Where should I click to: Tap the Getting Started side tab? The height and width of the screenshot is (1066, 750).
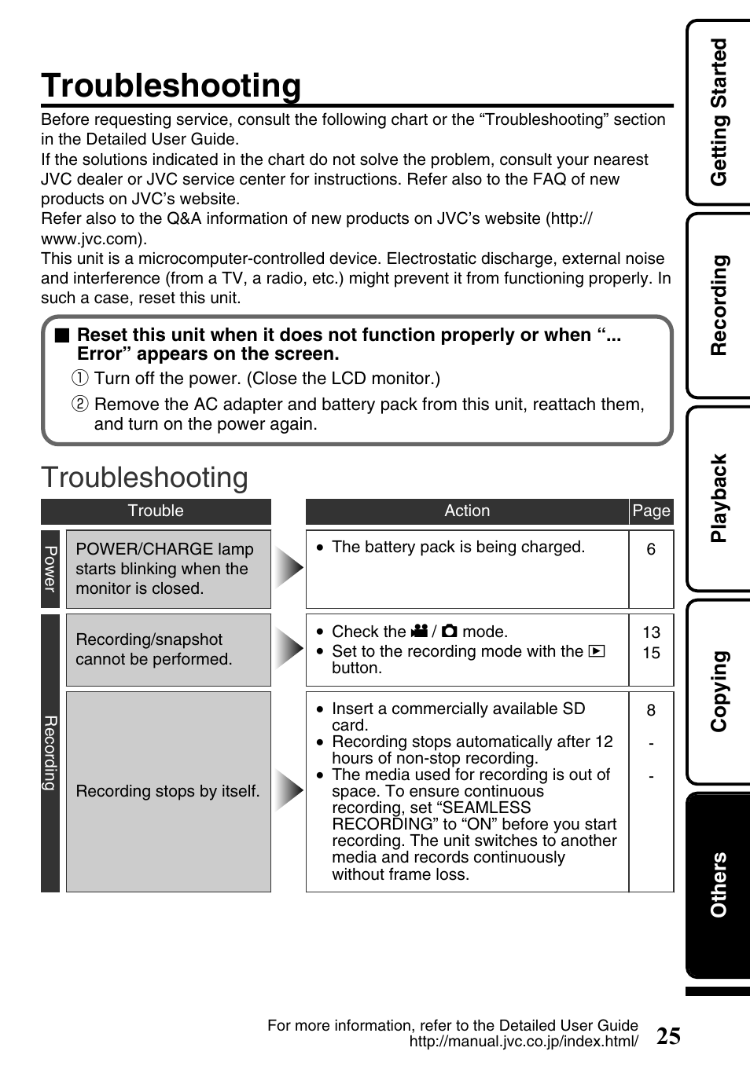tap(719, 112)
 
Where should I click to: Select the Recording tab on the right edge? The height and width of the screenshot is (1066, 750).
tap(719, 305)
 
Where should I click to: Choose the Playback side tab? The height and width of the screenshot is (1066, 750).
tap(719, 498)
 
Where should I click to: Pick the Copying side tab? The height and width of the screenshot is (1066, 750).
tap(719, 691)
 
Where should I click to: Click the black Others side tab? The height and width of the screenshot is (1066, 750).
tap(719, 885)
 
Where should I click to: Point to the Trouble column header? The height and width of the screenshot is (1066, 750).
tap(156, 511)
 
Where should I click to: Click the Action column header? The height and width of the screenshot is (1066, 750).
tap(467, 511)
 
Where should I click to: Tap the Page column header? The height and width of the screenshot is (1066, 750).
tap(651, 511)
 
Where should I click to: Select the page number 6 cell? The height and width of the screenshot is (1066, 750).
tap(651, 550)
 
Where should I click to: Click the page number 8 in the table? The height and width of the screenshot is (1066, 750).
tap(651, 710)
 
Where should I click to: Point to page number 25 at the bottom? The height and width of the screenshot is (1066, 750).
tap(668, 1036)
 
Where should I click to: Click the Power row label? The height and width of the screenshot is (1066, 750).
tap(50, 569)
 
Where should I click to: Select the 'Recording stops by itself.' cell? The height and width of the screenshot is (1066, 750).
tap(168, 791)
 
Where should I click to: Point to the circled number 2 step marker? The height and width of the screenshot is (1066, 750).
tap(79, 405)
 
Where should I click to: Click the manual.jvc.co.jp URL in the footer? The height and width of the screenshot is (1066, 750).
tap(524, 1042)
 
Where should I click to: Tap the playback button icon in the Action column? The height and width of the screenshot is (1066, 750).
tap(597, 651)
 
